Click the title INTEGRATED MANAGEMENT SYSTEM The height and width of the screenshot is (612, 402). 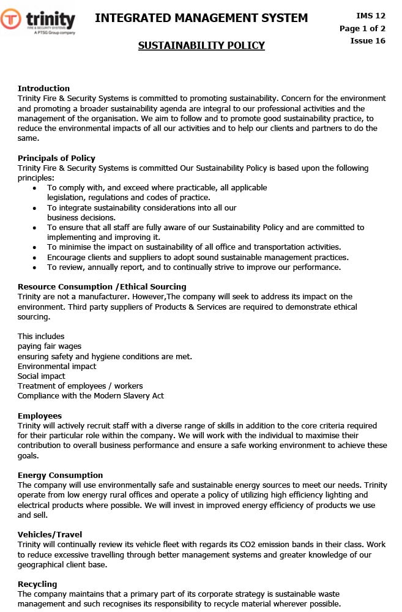(201, 18)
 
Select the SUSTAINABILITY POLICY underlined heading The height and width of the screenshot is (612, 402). (201, 45)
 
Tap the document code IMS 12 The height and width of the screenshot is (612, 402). (371, 15)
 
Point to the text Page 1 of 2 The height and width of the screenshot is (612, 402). (362, 28)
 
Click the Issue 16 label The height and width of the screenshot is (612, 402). (368, 41)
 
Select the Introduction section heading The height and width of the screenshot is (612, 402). (43, 88)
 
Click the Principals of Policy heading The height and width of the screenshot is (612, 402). (56, 158)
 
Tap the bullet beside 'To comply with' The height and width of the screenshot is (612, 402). (34, 188)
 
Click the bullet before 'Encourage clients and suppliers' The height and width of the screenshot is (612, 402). (34, 258)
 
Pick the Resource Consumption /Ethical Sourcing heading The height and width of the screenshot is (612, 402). (102, 286)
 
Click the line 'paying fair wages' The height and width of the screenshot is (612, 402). (50, 346)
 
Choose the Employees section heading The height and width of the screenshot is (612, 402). (40, 416)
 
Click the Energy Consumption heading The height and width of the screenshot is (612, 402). (60, 475)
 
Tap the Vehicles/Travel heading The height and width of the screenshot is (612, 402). (50, 534)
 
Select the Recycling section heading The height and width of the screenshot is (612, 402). (37, 584)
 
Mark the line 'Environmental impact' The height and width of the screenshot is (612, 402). (57, 367)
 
